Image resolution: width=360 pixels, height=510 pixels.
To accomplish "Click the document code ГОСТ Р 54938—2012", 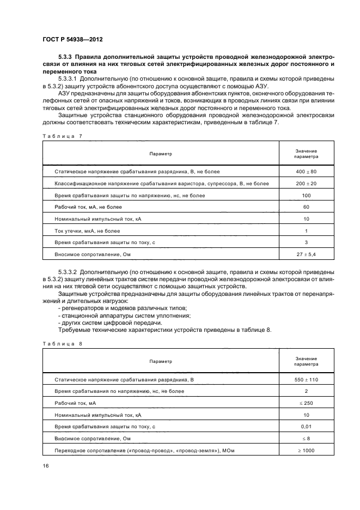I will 72,40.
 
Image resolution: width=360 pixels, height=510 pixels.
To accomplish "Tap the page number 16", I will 46,466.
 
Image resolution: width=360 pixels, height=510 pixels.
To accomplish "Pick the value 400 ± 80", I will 306,171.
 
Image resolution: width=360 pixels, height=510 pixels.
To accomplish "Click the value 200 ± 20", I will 306,183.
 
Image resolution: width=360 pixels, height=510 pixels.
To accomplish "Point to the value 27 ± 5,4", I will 306,254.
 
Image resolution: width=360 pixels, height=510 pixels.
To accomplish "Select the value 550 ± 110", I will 306,379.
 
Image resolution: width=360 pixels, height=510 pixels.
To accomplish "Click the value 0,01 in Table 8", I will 306,426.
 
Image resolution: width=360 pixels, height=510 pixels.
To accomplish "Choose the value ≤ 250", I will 306,402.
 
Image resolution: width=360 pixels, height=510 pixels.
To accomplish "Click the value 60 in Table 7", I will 306,207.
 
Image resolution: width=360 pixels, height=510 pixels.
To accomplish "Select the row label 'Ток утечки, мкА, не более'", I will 87,230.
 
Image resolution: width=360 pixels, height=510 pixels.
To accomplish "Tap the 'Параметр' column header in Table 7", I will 161,154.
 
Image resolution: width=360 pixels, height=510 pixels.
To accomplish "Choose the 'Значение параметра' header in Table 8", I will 306,361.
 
